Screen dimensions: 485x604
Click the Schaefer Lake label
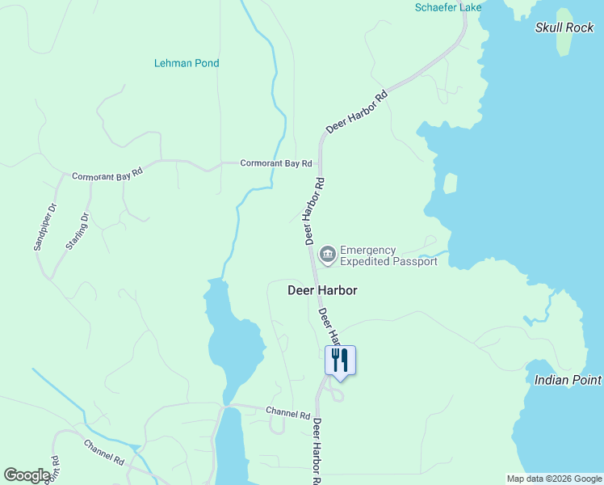click(x=448, y=7)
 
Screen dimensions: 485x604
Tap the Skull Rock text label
click(x=564, y=27)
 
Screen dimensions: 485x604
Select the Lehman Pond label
click(x=187, y=63)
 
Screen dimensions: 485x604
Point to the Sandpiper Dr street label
click(x=44, y=226)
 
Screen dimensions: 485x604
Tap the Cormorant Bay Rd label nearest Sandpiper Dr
click(x=107, y=174)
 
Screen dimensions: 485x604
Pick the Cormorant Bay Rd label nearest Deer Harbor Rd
click(x=276, y=163)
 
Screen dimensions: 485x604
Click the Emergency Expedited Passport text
click(x=388, y=255)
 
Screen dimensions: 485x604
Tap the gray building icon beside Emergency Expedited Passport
click(x=327, y=255)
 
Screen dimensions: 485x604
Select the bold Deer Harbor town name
click(x=322, y=289)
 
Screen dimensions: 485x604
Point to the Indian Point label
click(x=568, y=379)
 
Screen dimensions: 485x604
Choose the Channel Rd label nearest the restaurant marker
click(x=288, y=412)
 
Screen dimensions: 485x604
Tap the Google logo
click(x=27, y=475)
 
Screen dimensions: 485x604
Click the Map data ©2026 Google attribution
click(x=554, y=479)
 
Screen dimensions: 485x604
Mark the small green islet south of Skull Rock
click(x=450, y=183)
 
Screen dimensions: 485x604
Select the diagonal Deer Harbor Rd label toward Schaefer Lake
click(x=356, y=112)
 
